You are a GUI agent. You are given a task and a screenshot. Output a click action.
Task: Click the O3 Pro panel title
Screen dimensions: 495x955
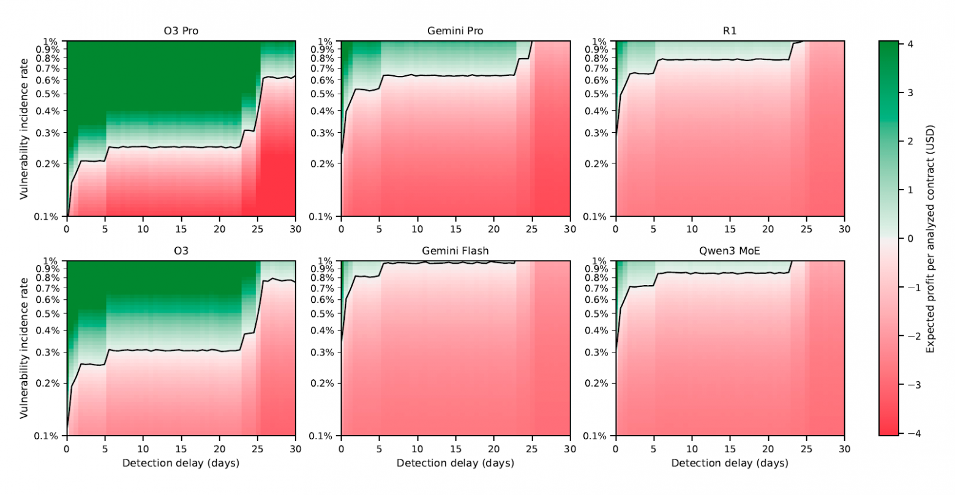point(181,31)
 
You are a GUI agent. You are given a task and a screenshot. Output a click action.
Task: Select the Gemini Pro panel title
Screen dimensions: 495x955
point(455,31)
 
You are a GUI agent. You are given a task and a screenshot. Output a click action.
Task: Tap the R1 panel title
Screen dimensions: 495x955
point(730,31)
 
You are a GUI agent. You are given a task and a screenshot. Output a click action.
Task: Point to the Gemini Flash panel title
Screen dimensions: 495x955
point(455,250)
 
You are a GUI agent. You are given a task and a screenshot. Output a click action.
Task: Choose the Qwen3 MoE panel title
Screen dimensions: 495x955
point(730,250)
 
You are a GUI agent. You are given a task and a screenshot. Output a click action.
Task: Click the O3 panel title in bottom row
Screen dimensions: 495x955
point(181,250)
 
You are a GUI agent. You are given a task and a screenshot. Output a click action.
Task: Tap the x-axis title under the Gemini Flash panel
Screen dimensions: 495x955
point(455,463)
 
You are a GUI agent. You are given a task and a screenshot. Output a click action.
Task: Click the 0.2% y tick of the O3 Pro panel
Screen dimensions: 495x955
point(50,163)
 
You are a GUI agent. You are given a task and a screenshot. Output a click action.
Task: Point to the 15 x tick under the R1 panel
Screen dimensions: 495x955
point(730,229)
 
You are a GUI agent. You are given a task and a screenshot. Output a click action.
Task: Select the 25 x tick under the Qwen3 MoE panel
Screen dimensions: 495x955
point(806,448)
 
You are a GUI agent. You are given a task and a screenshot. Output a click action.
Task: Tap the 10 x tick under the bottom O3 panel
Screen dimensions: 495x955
point(143,448)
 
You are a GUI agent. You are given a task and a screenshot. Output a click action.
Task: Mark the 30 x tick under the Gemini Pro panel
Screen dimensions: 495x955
point(570,229)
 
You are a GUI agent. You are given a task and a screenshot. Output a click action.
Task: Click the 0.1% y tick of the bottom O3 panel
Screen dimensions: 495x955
point(50,436)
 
